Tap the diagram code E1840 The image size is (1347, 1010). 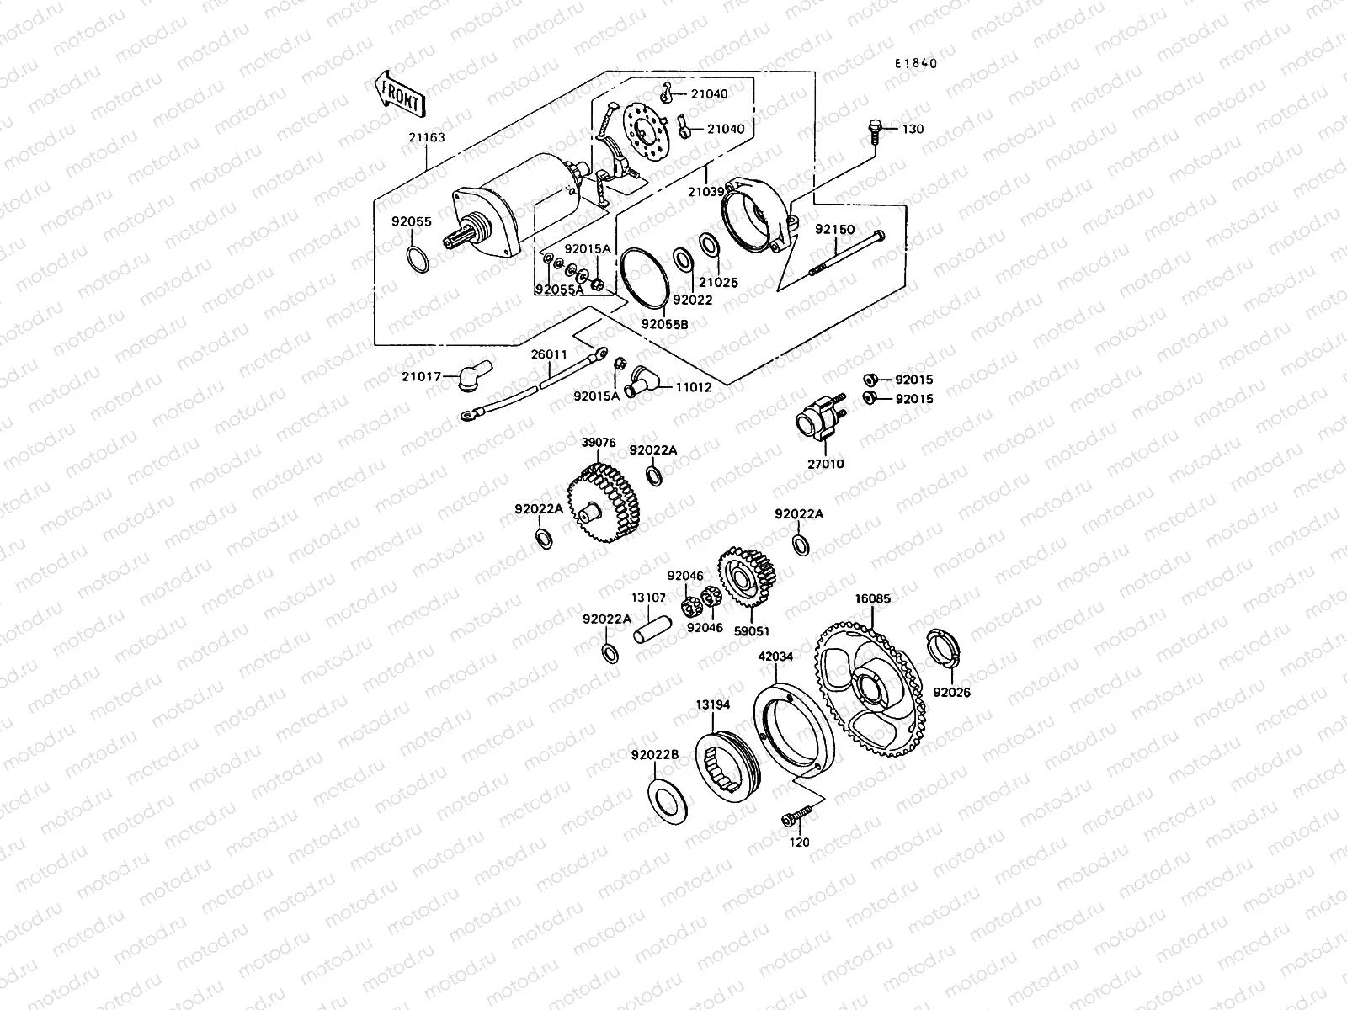pos(915,63)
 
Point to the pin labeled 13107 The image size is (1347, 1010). pos(652,630)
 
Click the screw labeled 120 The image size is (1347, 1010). pos(796,816)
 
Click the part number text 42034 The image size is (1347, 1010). pos(775,656)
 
